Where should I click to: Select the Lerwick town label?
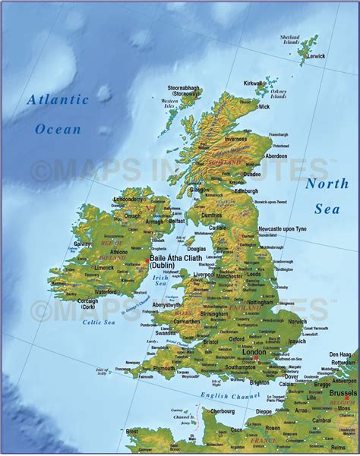tap(315, 55)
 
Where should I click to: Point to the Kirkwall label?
tap(254, 83)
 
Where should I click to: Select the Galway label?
tap(83, 244)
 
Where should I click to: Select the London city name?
tap(253, 353)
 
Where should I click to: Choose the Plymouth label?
tap(163, 368)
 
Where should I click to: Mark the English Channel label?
tap(230, 395)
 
